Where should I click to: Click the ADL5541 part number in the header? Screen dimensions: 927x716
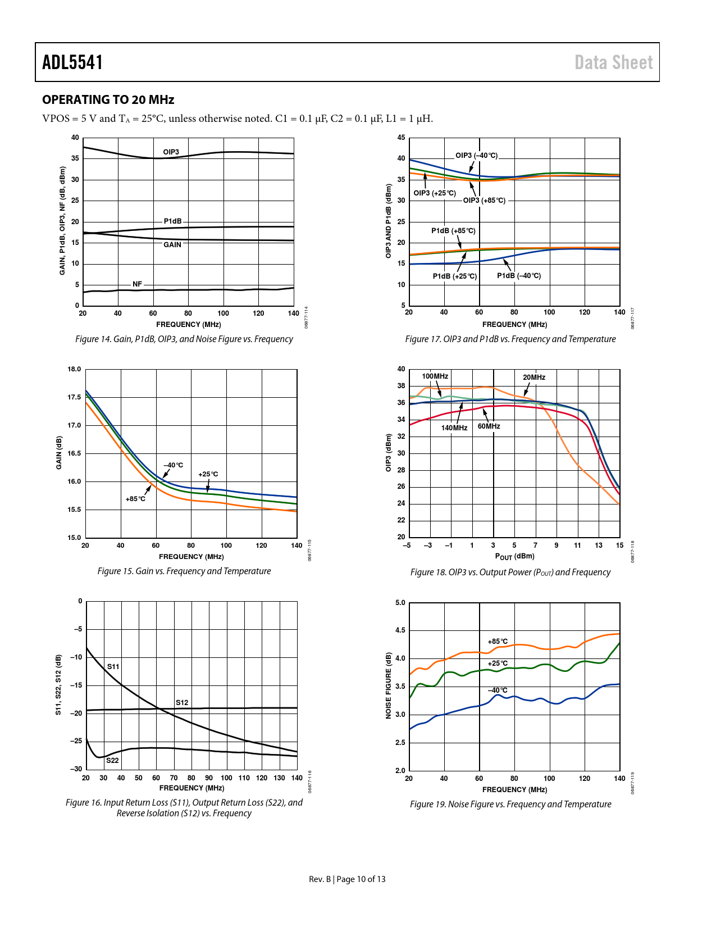(72, 62)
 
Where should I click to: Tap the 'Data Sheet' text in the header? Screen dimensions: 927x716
(613, 62)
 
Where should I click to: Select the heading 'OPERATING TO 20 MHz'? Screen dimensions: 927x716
(108, 100)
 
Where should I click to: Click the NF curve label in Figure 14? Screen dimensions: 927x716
(138, 284)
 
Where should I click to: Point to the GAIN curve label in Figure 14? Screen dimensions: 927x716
(172, 245)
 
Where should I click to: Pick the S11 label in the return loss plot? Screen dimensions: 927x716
(113, 667)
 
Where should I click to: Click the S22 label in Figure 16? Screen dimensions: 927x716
(112, 761)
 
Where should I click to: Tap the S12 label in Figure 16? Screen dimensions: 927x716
(182, 703)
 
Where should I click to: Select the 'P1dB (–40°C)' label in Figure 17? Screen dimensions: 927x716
(519, 276)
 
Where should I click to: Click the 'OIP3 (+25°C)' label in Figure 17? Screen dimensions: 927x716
(435, 193)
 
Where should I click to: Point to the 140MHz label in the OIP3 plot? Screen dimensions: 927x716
(454, 428)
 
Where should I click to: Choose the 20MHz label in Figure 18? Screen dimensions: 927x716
(534, 378)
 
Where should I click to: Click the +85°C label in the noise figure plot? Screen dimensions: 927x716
(498, 642)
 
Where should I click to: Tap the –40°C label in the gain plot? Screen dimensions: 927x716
(174, 465)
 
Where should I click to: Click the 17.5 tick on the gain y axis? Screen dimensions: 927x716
(74, 397)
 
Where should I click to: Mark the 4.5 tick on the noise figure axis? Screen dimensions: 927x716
(400, 630)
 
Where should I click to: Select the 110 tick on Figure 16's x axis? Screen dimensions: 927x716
(244, 778)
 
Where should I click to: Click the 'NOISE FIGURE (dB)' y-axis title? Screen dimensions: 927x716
(389, 685)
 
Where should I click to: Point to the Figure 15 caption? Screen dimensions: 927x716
(184, 571)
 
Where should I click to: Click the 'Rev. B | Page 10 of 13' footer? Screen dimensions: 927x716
(347, 879)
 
